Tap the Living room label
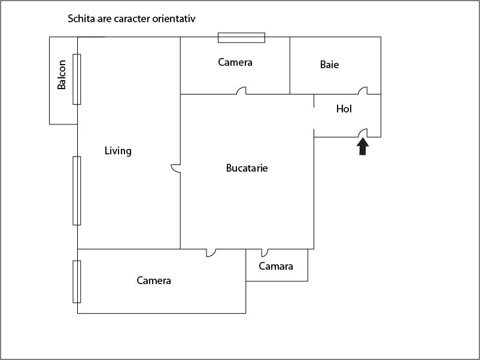pyautogui.click(x=118, y=151)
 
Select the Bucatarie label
pyautogui.click(x=247, y=168)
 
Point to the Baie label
pyautogui.click(x=329, y=65)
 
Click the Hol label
pyautogui.click(x=344, y=109)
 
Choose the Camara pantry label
pyautogui.click(x=276, y=266)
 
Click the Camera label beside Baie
pyautogui.click(x=235, y=62)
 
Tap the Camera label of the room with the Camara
pyautogui.click(x=154, y=280)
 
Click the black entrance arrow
pyautogui.click(x=363, y=147)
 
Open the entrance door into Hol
pyautogui.click(x=363, y=133)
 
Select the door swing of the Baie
pyautogui.click(x=363, y=91)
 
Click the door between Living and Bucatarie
pyautogui.click(x=176, y=169)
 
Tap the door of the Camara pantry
pyautogui.click(x=265, y=252)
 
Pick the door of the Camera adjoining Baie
pyautogui.click(x=241, y=91)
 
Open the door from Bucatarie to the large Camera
pyautogui.click(x=211, y=253)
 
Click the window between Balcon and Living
pyautogui.click(x=77, y=79)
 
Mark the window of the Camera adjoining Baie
pyautogui.click(x=241, y=38)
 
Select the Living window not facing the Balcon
pyautogui.click(x=77, y=190)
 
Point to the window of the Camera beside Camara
pyautogui.click(x=77, y=282)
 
